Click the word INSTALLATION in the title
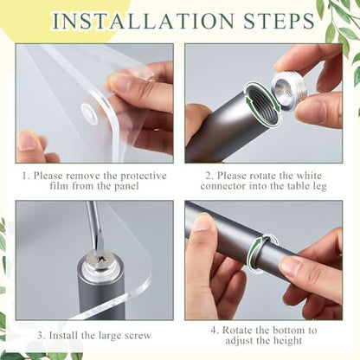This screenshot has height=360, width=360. [x=144, y=21]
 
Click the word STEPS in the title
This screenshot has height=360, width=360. [x=279, y=21]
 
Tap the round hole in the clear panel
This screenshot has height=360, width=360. [x=89, y=111]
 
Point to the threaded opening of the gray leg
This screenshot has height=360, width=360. [x=262, y=104]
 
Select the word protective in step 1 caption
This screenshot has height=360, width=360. [x=144, y=176]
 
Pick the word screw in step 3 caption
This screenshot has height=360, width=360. [x=137, y=336]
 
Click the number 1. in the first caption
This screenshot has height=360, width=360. [x=26, y=176]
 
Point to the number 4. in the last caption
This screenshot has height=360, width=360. [x=215, y=331]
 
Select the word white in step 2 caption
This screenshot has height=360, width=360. [x=309, y=176]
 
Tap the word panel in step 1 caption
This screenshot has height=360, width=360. [x=126, y=186]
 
